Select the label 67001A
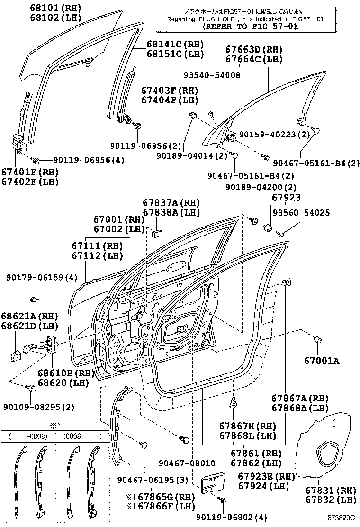pyautogui.click(x=321, y=361)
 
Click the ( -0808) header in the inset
pyautogui.click(x=28, y=436)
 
